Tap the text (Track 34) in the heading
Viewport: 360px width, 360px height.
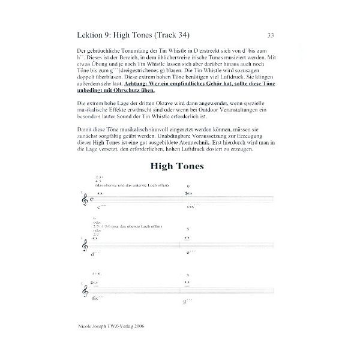(182, 35)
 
